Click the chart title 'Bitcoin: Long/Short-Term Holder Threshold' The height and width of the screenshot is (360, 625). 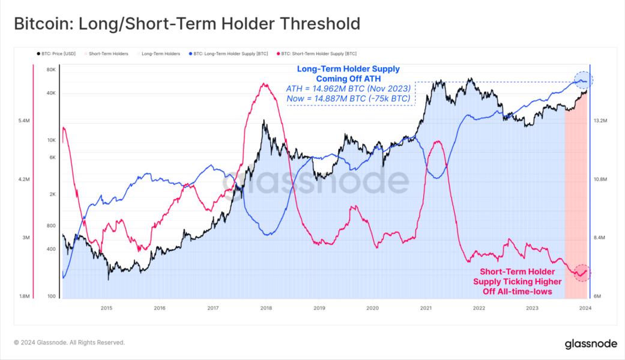click(187, 24)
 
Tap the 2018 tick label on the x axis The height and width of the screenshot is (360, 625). click(266, 308)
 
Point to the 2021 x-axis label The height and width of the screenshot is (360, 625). click(426, 308)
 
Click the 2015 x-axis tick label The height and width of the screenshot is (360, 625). click(106, 308)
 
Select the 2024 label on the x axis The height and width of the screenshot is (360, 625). click(585, 308)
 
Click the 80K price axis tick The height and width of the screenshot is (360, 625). click(50, 70)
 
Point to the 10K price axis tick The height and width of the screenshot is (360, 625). click(51, 140)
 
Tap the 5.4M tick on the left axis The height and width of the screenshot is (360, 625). click(25, 121)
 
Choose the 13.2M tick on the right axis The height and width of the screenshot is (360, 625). click(601, 121)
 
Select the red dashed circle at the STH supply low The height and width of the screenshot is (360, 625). click(582, 272)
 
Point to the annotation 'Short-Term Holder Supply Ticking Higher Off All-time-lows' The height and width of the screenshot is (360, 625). click(517, 282)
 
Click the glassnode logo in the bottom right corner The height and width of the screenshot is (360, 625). click(591, 344)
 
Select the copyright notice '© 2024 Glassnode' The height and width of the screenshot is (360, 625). click(70, 343)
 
